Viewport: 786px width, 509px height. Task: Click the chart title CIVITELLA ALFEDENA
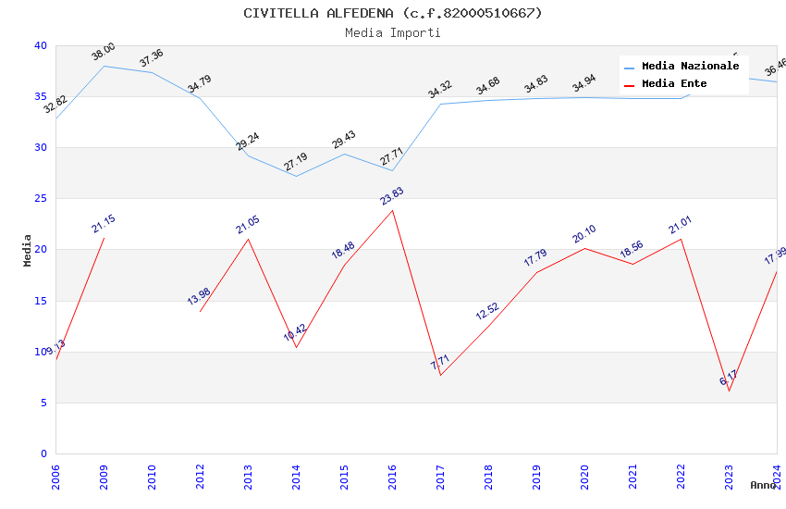tap(392, 13)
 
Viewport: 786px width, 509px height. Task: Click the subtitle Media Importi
tap(392, 33)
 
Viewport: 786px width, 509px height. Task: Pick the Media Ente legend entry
tap(674, 84)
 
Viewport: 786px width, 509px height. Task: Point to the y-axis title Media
tap(28, 250)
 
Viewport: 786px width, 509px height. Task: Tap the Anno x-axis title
tap(763, 485)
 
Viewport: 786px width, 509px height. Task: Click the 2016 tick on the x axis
tap(392, 477)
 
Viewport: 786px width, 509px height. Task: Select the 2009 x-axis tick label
tap(104, 477)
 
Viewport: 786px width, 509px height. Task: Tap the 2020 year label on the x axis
tap(584, 477)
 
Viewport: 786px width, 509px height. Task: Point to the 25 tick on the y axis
tap(41, 199)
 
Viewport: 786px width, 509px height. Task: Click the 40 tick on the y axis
tap(41, 46)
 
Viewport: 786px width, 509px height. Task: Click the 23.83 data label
tap(392, 196)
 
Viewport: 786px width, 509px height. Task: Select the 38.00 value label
tap(104, 52)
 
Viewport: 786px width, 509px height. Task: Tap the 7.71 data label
tap(440, 362)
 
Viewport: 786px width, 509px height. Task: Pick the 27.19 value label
tap(296, 163)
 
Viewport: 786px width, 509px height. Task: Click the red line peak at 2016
tap(392, 210)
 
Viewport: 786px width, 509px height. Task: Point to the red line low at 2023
tap(729, 391)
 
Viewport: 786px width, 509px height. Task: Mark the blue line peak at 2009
tap(104, 66)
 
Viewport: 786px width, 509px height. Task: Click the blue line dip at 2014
tap(296, 176)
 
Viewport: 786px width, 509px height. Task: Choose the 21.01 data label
tap(681, 226)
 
